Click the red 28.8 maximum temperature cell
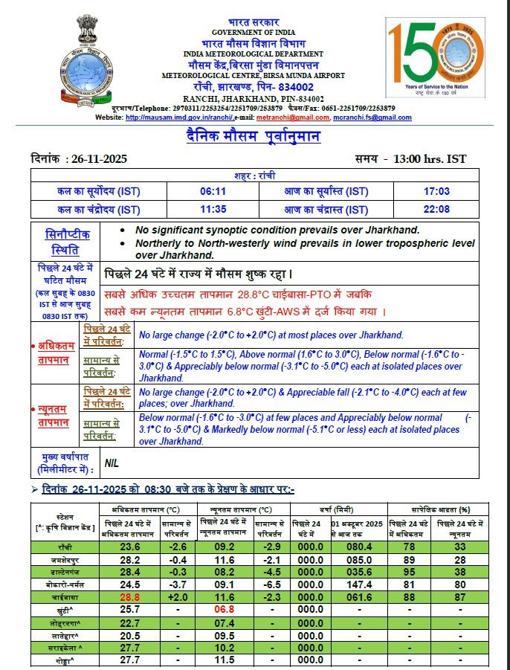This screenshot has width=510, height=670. (x=129, y=597)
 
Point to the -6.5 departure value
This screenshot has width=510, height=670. (x=272, y=584)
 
